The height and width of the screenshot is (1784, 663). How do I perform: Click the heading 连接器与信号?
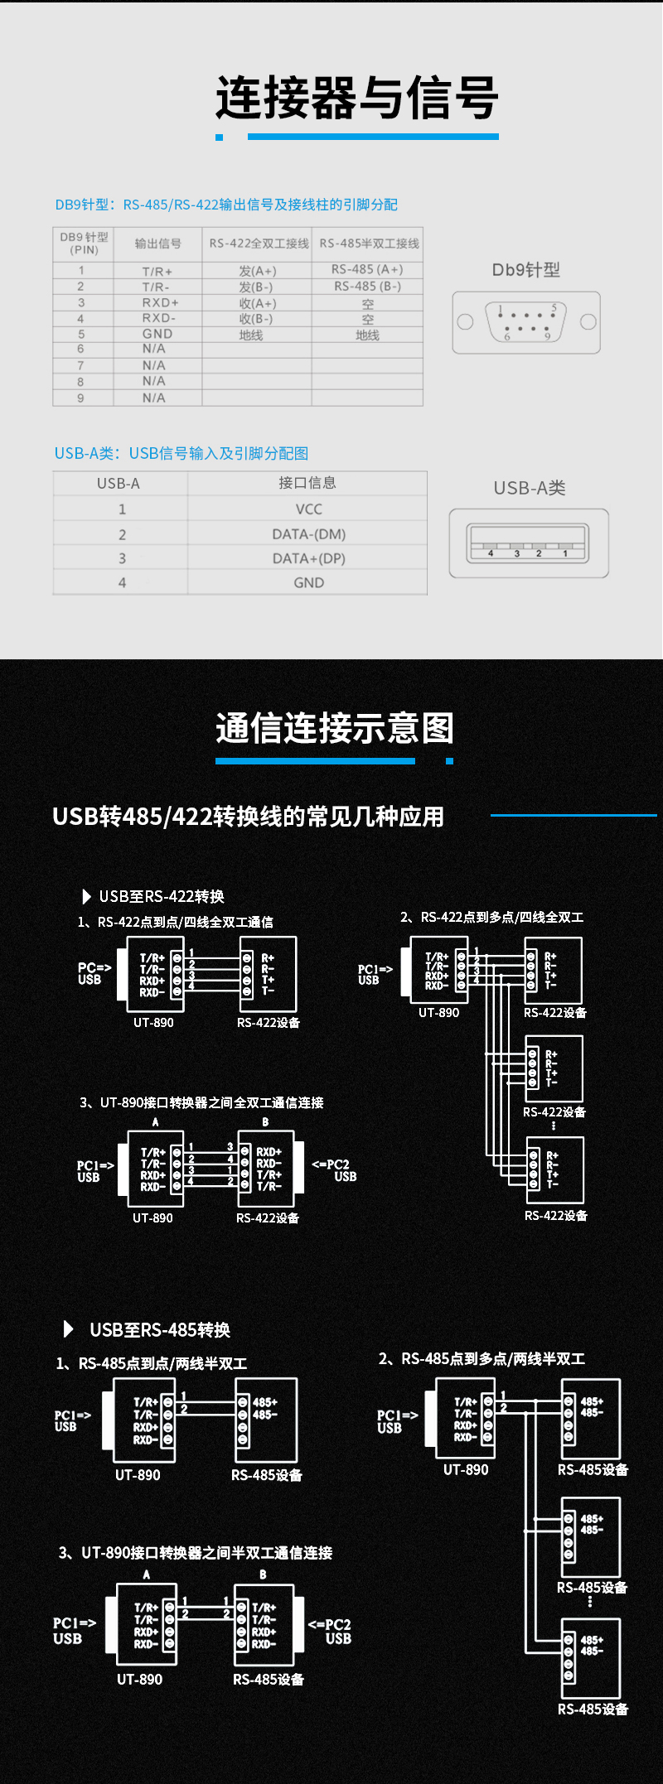coord(357,99)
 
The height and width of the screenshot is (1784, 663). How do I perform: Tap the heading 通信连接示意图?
coord(335,728)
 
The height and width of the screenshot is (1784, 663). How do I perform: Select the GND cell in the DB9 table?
coord(157,334)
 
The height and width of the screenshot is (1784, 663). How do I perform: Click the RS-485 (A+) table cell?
coord(367,269)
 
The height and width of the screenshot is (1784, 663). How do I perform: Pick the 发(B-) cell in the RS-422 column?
coord(256,287)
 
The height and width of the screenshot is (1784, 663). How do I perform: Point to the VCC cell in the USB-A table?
coord(308,509)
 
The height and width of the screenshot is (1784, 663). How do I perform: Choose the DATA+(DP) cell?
coord(308,558)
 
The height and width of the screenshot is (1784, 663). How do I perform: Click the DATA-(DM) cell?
coord(308,534)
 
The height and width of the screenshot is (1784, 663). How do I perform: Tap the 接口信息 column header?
coord(307,483)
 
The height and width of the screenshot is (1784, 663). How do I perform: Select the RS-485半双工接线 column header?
coord(369,243)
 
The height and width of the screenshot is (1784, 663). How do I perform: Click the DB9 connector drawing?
coord(526,322)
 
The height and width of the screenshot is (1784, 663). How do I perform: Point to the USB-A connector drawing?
coord(529,543)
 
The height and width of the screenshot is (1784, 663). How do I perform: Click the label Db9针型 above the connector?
coord(526,270)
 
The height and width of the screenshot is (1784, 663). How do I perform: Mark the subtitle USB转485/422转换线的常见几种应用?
coord(248,817)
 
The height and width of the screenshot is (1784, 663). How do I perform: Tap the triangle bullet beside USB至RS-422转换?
coord(86,896)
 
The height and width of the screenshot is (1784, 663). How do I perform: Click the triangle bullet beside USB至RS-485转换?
coord(69,1329)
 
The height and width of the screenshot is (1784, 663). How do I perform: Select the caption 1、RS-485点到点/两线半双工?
coord(151,1363)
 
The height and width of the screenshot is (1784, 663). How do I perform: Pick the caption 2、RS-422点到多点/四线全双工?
coord(491,917)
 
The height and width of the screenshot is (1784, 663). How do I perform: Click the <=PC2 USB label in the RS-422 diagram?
coord(334,1170)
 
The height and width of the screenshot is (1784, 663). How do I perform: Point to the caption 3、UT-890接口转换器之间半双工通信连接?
coord(195,1553)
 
